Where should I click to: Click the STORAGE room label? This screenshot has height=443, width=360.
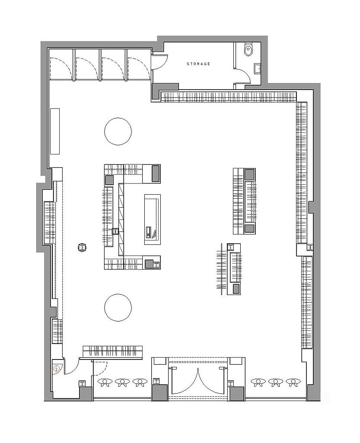click(199, 64)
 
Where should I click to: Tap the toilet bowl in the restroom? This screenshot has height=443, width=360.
click(248, 49)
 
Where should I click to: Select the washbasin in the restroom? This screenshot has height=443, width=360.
click(257, 68)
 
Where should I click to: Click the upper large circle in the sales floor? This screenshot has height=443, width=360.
click(118, 132)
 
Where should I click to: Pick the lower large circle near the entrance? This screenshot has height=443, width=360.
click(118, 307)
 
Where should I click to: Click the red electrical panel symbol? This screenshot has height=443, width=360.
click(57, 369)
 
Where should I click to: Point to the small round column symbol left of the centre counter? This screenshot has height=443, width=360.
click(82, 248)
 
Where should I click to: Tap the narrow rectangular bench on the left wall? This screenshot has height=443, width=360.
click(55, 131)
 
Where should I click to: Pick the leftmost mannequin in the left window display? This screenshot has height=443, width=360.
click(105, 382)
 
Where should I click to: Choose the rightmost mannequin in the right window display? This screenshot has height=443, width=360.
click(293, 382)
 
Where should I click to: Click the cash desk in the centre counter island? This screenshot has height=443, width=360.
click(153, 219)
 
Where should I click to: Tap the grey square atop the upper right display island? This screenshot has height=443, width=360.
click(250, 174)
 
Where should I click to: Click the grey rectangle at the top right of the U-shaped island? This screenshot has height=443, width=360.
click(156, 174)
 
